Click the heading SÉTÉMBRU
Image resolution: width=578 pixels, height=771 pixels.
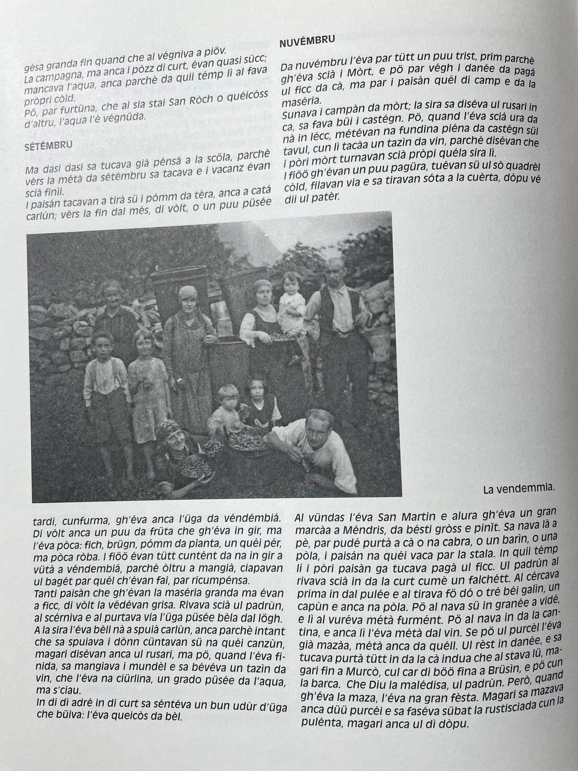point(48,146)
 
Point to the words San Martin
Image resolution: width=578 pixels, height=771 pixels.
point(400,515)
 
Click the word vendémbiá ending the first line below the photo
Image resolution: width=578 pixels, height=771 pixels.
point(250,519)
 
